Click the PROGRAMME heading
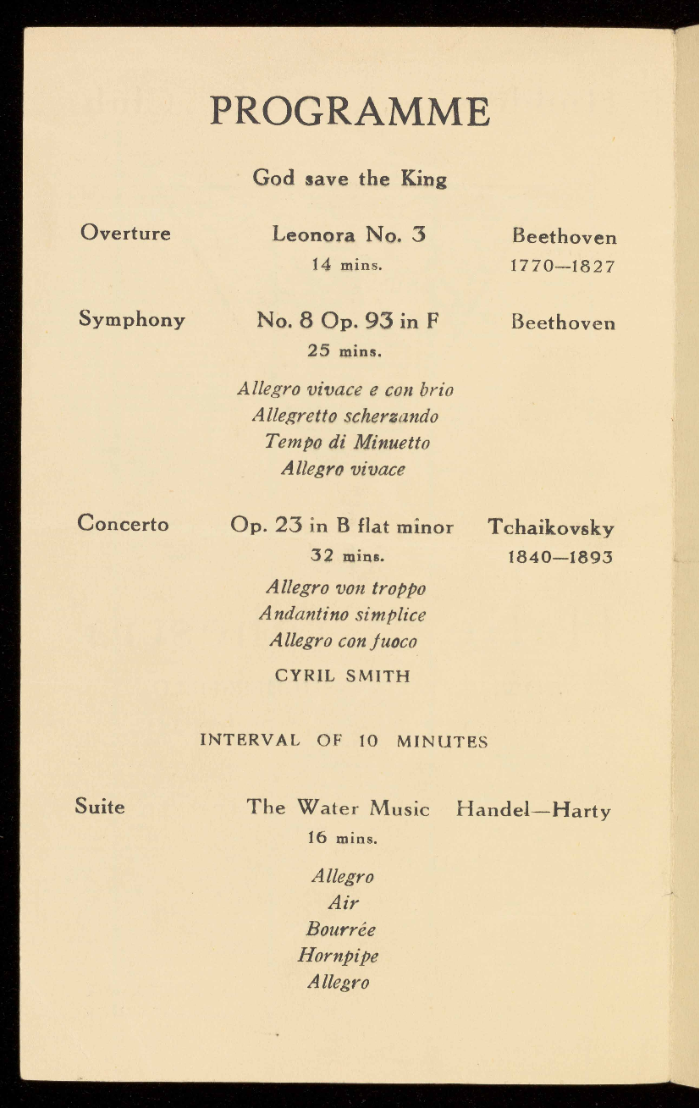click(350, 112)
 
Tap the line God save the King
click(350, 179)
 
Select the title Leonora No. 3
click(349, 234)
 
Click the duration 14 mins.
click(347, 264)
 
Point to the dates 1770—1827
click(562, 266)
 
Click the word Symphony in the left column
click(132, 319)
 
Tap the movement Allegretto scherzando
click(345, 416)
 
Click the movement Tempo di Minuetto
click(347, 443)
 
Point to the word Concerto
click(123, 524)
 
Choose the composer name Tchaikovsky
click(551, 527)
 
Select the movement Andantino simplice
click(343, 615)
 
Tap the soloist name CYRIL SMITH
click(343, 675)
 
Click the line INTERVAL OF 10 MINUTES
click(344, 741)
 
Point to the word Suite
click(100, 807)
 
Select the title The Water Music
click(339, 808)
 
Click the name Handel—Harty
click(533, 810)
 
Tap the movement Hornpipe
click(339, 956)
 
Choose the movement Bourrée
click(340, 929)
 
